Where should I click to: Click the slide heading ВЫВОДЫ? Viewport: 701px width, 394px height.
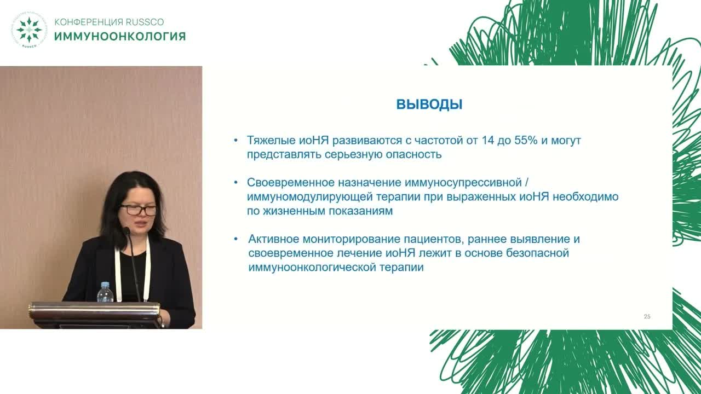click(x=429, y=105)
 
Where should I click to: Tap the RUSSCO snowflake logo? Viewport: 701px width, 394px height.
click(x=29, y=30)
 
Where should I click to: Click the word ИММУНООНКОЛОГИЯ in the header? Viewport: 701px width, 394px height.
click(x=120, y=37)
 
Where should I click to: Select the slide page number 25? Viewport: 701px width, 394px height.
click(x=647, y=317)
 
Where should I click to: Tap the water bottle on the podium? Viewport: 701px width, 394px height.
click(x=105, y=293)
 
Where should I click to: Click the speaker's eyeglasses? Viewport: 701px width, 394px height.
click(x=139, y=210)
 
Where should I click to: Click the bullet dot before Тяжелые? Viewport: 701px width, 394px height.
click(x=235, y=141)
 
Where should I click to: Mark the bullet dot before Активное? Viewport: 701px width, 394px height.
click(x=235, y=239)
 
